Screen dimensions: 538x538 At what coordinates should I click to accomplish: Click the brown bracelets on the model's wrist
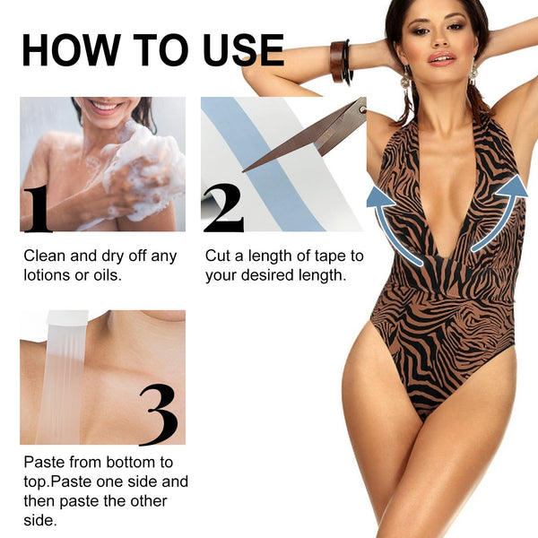click(x=340, y=61)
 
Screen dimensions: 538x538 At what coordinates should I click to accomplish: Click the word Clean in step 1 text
click(x=44, y=256)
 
